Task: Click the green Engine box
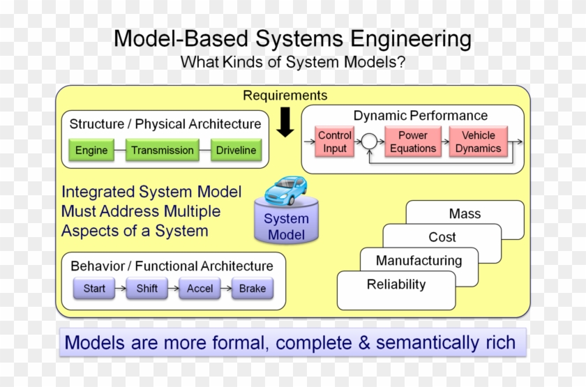(91, 150)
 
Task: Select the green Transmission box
(162, 150)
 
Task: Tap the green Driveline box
(236, 150)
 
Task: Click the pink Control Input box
(335, 142)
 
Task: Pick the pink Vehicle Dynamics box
(478, 142)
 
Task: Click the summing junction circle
(368, 142)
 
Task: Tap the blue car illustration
(286, 190)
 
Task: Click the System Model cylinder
(286, 225)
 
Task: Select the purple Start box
(94, 288)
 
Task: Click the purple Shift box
(147, 288)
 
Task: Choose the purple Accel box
(200, 288)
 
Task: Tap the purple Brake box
(253, 288)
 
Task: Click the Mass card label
(465, 214)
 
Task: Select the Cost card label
(442, 237)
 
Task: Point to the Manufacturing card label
(419, 261)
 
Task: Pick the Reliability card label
(396, 284)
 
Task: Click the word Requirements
(285, 96)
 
